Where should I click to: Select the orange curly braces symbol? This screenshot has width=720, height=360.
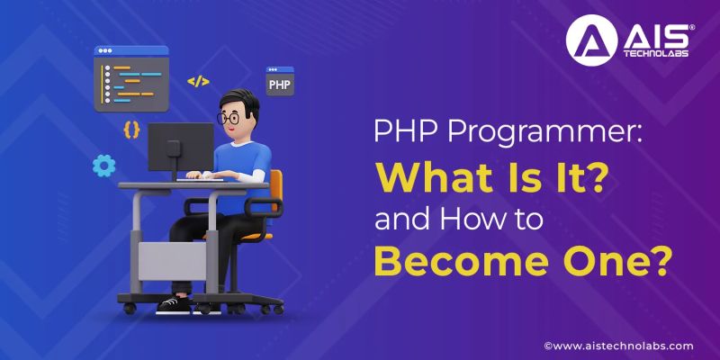pos(131,129)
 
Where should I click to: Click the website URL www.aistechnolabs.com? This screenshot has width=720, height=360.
pos(624,346)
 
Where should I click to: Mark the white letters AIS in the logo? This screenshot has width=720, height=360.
pos(646,33)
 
